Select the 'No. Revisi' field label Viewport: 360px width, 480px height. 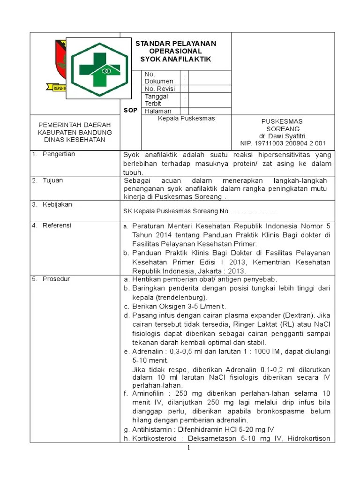click(x=160, y=89)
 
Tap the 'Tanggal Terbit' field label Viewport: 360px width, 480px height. click(x=157, y=99)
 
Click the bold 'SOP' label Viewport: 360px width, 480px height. click(x=130, y=110)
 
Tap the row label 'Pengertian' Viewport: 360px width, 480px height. click(x=59, y=154)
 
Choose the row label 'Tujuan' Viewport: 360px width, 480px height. click(x=52, y=180)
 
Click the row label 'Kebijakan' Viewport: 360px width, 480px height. click(x=57, y=204)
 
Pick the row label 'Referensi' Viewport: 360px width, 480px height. click(x=57, y=225)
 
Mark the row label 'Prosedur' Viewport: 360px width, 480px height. click(x=56, y=279)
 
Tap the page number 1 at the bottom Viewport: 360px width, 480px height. click(x=188, y=448)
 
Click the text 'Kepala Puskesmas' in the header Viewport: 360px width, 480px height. click(x=186, y=119)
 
